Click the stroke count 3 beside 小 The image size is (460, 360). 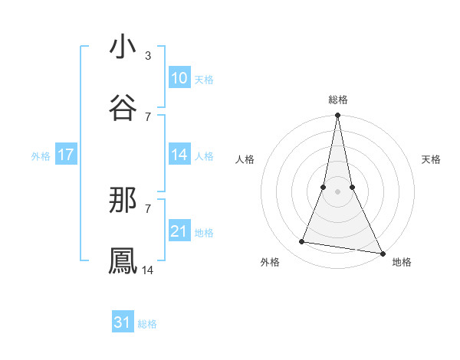point(147,56)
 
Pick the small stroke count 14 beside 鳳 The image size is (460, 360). point(148,270)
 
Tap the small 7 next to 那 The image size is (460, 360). point(147,208)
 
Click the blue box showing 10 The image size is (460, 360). point(179,78)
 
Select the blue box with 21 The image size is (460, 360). point(179,231)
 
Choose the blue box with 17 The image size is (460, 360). point(66,155)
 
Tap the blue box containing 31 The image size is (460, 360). point(123,323)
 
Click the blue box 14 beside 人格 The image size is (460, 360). point(179,155)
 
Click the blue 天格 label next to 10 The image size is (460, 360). point(204,80)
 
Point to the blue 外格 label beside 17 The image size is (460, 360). point(41,156)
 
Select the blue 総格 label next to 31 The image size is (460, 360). point(147,325)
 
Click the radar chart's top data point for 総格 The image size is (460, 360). point(337,116)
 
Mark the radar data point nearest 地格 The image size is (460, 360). point(382,254)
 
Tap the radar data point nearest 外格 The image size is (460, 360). point(302,242)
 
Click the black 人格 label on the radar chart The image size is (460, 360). point(245,159)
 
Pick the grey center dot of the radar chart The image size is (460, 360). point(337,191)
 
